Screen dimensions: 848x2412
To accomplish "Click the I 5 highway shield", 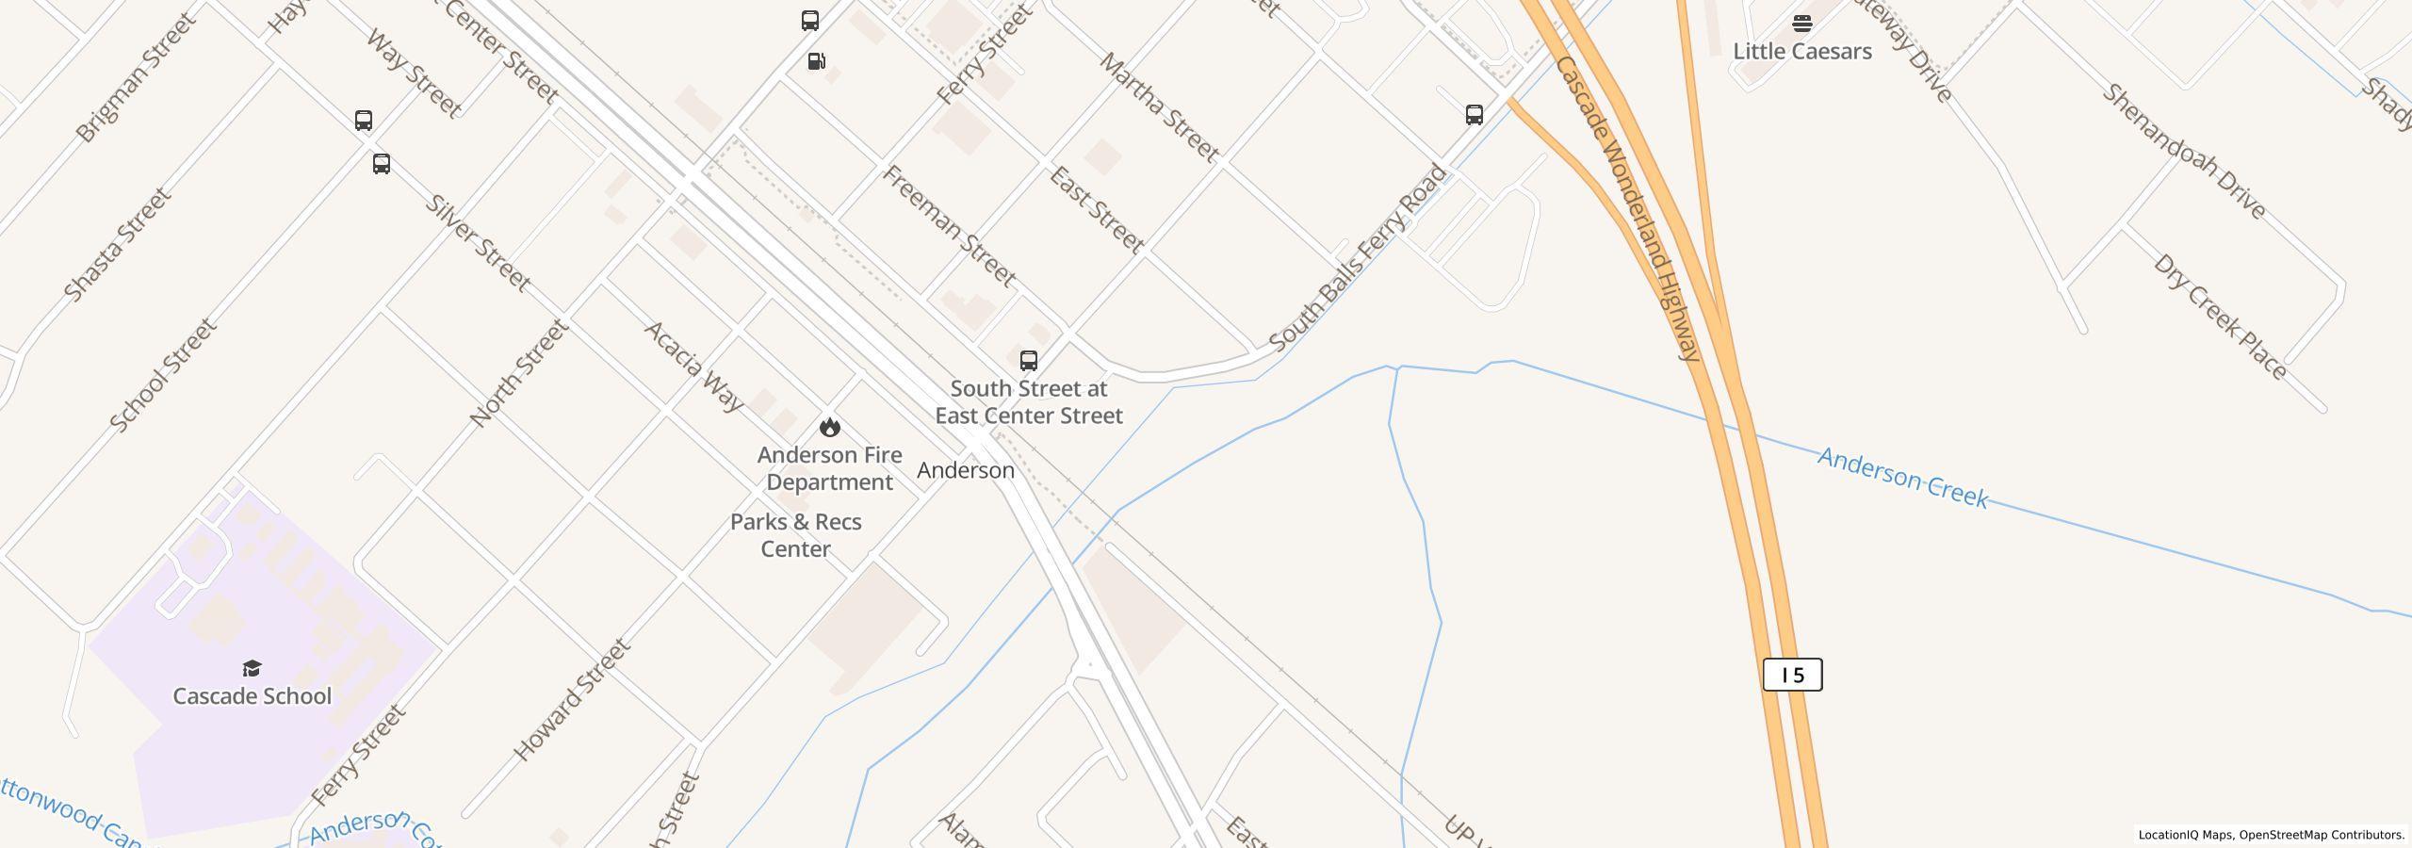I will coord(1792,675).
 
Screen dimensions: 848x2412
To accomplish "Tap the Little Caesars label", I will coord(1801,51).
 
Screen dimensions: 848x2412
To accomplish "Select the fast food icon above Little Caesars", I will coord(1801,23).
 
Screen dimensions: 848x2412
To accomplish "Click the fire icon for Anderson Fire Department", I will coord(829,427).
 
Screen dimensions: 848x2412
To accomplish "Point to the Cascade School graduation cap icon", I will coord(252,668).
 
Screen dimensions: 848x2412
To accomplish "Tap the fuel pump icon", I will coord(816,61).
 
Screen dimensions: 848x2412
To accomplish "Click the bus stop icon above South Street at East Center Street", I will coord(1028,360).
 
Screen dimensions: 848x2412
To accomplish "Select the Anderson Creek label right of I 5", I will coord(1902,479).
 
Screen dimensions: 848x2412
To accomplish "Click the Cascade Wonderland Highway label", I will coord(1627,207).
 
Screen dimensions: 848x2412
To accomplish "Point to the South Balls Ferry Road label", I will coord(1357,258).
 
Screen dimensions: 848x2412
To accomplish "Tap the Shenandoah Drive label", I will coord(2183,152).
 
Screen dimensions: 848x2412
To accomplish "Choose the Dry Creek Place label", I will coord(2219,317).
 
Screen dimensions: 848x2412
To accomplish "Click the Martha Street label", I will coord(1159,106).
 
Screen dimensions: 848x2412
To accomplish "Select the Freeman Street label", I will coord(949,226).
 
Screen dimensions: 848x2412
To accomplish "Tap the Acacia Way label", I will coord(693,366).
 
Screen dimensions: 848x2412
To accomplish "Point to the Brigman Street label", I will coord(138,76).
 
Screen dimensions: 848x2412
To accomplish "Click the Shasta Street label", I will coord(118,244).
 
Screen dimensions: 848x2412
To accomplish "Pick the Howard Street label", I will coord(571,700).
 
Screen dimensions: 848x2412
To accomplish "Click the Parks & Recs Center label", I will coord(795,535).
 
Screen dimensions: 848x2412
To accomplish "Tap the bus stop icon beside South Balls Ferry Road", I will coord(1475,115).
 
